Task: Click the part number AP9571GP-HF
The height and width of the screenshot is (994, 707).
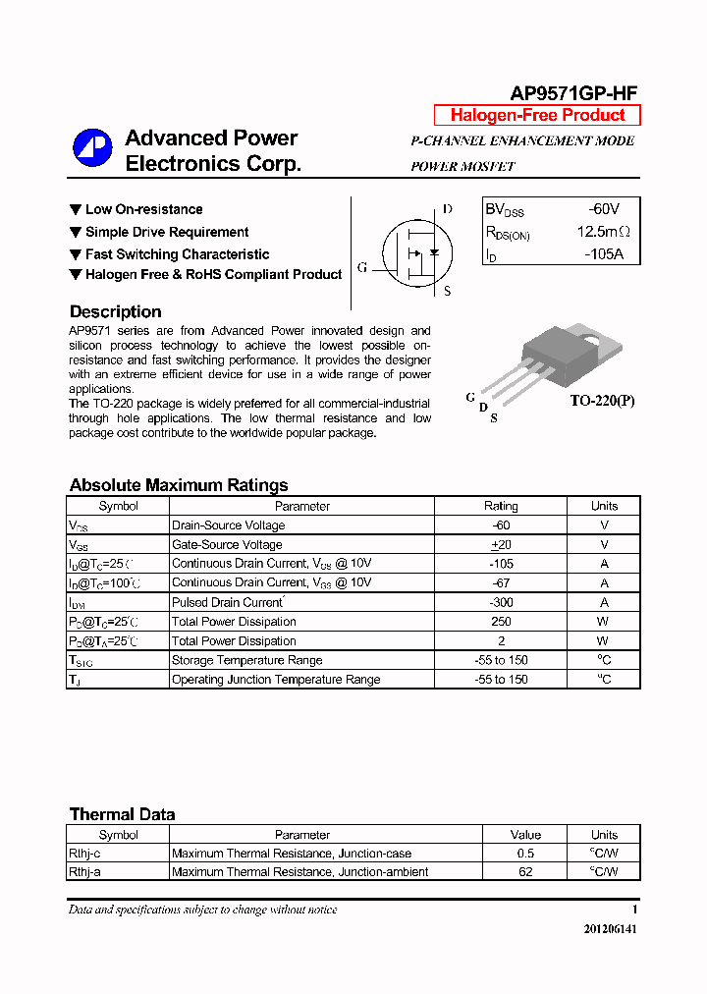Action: (573, 93)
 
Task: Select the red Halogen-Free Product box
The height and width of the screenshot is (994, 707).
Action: (537, 115)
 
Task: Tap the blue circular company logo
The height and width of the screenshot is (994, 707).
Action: (93, 148)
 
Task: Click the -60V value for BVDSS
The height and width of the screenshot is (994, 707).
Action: (603, 209)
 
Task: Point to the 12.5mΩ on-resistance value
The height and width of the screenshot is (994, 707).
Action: (603, 232)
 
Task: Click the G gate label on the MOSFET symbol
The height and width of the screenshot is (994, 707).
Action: (362, 267)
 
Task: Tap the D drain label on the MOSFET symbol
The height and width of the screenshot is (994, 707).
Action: (447, 209)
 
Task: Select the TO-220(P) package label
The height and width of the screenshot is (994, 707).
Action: (602, 401)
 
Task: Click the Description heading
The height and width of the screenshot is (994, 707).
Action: (115, 311)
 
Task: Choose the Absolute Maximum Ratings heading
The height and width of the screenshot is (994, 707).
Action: (179, 485)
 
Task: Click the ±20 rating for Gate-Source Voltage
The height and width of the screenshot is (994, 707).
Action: (501, 544)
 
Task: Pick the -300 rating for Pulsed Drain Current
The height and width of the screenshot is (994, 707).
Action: (501, 602)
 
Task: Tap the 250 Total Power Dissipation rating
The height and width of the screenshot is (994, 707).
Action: (501, 622)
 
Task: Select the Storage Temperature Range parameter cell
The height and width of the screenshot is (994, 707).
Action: (246, 660)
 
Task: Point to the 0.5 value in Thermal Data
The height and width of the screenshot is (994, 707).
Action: (525, 854)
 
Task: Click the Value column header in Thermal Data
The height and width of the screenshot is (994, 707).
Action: (525, 835)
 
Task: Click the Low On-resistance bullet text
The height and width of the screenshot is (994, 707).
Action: (143, 209)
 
